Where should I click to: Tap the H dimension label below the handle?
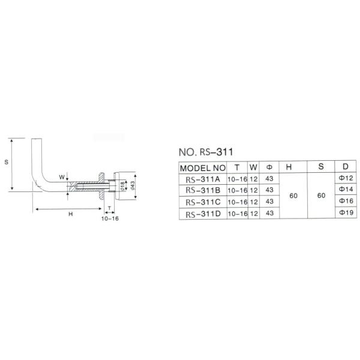pos(70,214)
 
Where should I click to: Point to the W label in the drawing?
pos(62,177)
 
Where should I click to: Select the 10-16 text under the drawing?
pos(110,220)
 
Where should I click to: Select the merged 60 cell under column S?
pos(321,196)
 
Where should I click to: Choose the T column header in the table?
pos(237,167)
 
